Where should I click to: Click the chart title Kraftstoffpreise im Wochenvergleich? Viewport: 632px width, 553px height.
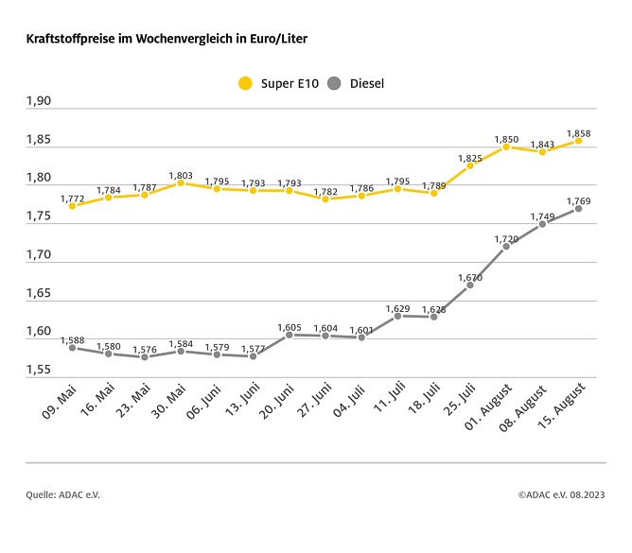tap(166, 39)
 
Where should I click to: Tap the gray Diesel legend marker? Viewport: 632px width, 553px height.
tap(333, 83)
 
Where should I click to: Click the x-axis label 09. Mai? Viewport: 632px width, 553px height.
tap(60, 400)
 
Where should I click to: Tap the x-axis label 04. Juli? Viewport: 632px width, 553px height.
tap(352, 401)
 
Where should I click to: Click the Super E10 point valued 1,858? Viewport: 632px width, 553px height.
tap(578, 141)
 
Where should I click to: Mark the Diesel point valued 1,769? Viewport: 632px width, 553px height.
tap(578, 208)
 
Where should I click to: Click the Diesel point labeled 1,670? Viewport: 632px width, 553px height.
tap(470, 285)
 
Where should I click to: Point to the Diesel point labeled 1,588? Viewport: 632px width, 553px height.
tap(73, 347)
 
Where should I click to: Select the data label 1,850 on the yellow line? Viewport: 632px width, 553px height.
tap(507, 139)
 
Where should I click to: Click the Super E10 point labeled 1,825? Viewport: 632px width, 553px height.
tap(470, 165)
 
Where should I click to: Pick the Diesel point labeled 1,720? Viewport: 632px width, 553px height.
tap(506, 246)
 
